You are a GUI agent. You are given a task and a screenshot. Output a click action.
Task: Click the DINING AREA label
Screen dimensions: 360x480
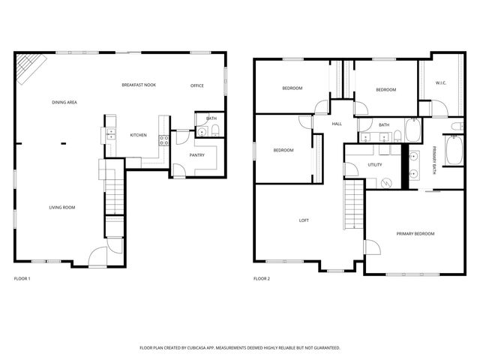coord(64,102)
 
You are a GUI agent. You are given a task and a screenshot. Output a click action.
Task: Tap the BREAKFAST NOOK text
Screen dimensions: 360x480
coord(139,85)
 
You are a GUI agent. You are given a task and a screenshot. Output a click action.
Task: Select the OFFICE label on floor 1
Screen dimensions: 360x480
coord(197,85)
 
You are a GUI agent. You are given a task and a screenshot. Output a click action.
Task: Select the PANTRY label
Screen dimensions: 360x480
coord(197,155)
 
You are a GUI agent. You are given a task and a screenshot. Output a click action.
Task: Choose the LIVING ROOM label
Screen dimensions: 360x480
coord(62,208)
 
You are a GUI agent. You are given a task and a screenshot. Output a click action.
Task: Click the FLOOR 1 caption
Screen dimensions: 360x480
coord(22,278)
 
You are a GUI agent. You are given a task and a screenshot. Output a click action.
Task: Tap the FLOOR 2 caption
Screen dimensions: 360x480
coord(261,278)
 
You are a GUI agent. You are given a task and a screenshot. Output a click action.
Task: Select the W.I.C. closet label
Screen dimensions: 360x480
coord(441,83)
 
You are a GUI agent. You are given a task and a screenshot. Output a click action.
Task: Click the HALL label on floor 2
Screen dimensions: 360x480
coord(337,124)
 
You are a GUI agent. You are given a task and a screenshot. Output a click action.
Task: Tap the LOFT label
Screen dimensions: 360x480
coord(304,220)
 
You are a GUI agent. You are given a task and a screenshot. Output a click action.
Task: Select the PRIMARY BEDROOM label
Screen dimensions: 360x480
coord(415,234)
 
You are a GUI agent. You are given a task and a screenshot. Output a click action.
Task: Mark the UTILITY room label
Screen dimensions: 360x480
coord(374,165)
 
